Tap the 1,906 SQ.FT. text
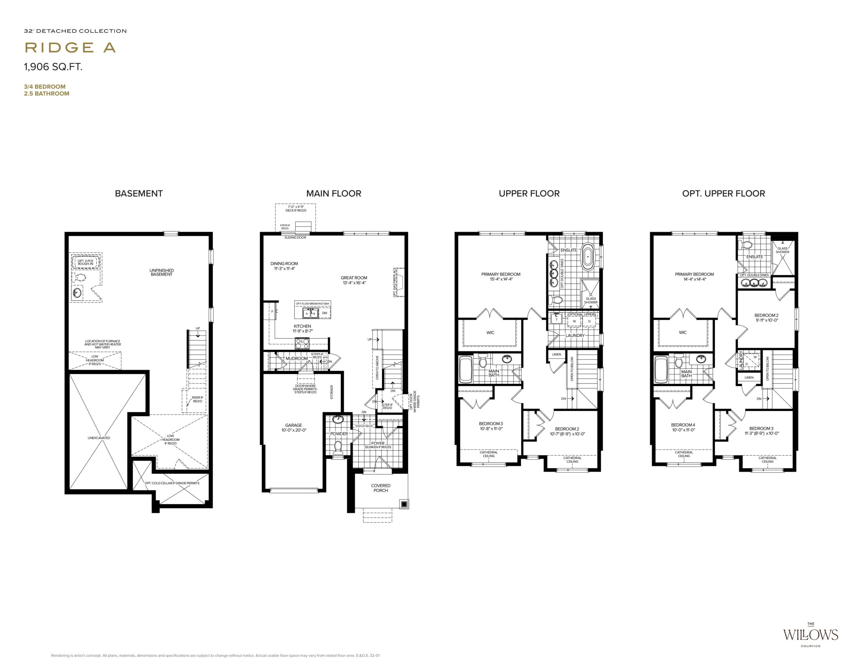53,67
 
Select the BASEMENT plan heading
138,193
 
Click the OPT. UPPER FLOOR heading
724,193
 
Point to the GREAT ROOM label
354,278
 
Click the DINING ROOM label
284,264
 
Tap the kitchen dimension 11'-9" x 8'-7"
302,331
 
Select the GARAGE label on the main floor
294,425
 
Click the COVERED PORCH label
381,488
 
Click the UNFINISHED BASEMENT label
161,272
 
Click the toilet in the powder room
338,447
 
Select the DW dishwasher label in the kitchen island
325,313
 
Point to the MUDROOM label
296,358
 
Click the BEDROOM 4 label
683,425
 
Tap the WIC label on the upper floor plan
490,333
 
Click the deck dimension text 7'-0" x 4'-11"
296,207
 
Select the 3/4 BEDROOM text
44,87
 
